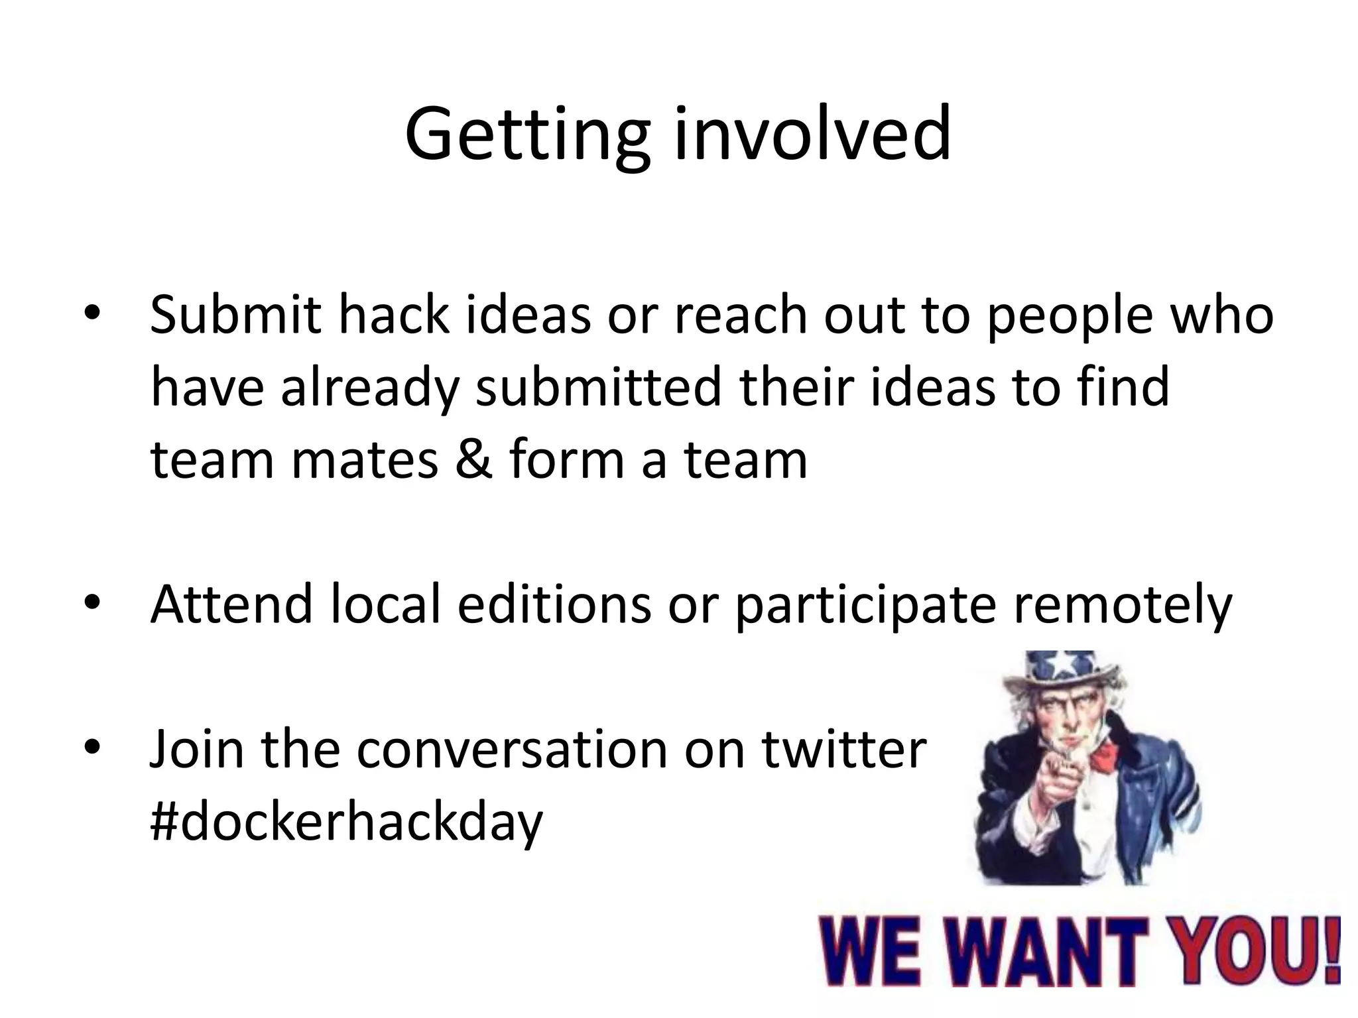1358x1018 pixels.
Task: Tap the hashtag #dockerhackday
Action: (346, 822)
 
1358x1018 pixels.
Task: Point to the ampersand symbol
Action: (473, 460)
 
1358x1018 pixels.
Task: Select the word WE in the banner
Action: (869, 950)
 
